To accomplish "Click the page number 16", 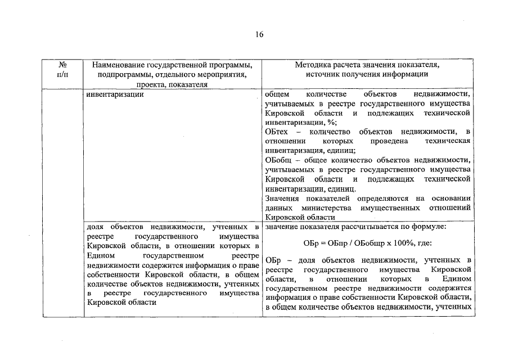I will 259,34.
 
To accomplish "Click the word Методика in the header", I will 312,65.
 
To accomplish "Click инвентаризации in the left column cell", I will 115,94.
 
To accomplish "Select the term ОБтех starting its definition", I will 276,132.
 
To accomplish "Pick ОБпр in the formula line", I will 331,244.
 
